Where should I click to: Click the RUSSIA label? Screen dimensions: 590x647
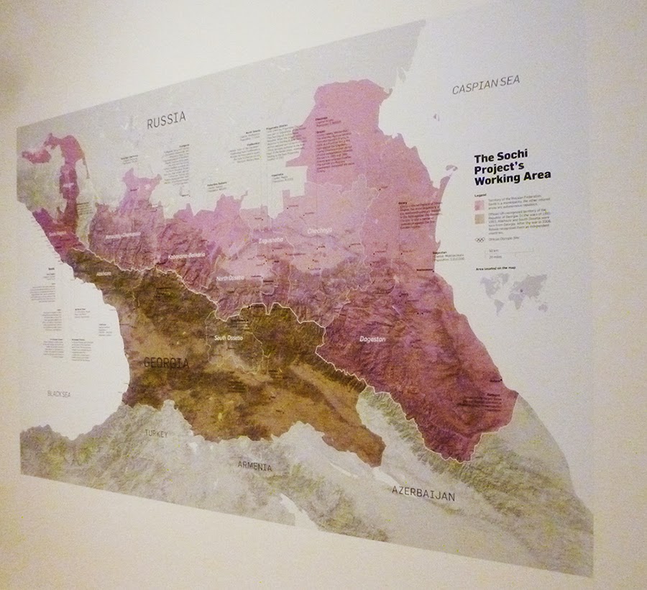pos(166,119)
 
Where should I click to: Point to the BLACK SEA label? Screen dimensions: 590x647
pos(61,394)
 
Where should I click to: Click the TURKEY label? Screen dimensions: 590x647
pos(155,434)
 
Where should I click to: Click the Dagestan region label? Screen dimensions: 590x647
pos(372,337)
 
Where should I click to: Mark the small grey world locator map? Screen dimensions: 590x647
pos(514,292)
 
